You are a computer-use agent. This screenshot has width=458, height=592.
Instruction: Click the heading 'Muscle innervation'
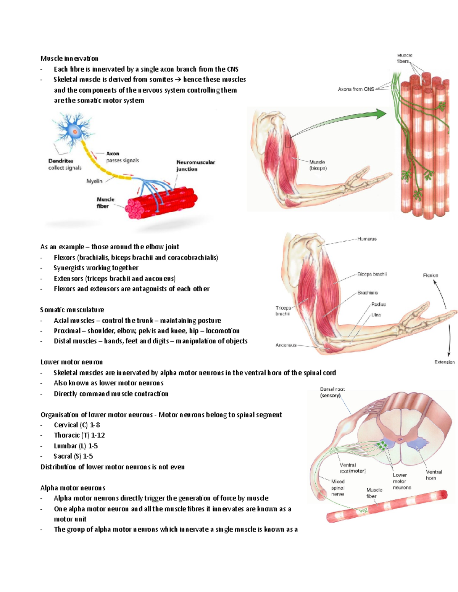[69, 58]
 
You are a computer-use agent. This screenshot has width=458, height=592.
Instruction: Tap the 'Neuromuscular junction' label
[195, 165]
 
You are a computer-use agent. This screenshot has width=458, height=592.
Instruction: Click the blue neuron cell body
[75, 132]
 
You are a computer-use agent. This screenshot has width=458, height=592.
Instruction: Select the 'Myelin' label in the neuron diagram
[94, 181]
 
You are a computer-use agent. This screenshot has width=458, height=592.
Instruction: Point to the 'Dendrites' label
[61, 161]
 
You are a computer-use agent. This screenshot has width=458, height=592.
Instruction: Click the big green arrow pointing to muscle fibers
[343, 119]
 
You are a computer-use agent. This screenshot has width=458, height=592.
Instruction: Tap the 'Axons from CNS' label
[356, 89]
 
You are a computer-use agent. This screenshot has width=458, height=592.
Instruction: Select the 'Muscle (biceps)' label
[318, 165]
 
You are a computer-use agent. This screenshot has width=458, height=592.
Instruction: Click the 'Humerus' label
[367, 239]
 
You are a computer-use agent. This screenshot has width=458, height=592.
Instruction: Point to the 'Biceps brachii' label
[372, 274]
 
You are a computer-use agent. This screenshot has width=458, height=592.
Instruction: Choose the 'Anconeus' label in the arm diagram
[286, 345]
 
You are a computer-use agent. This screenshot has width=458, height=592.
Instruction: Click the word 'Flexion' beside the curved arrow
[431, 275]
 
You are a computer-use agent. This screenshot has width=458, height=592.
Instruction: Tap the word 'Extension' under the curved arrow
[444, 362]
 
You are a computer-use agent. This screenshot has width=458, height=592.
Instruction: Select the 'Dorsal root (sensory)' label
[332, 392]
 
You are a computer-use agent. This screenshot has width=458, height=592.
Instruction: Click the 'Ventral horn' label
[434, 475]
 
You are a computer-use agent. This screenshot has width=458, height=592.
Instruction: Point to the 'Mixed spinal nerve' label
[338, 488]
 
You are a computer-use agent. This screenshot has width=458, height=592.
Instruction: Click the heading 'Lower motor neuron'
[71, 362]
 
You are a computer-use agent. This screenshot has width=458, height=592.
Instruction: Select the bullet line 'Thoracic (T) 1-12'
[79, 435]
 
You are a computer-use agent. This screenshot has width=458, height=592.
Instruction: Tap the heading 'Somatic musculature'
[72, 310]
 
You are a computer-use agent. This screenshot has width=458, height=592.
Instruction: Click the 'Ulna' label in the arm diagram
[376, 315]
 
